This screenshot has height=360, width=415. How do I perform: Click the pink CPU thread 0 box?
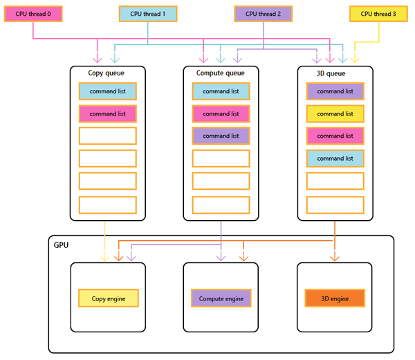coord(33,14)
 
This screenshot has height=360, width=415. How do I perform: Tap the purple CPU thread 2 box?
coord(263,14)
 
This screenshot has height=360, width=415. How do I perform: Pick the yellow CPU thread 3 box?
coord(378,14)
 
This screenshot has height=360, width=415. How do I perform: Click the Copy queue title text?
coord(107,73)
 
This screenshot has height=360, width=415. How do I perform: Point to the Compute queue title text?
coord(221,73)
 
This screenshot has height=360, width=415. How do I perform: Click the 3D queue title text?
coord(335,73)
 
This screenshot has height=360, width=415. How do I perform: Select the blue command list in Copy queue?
coord(107,91)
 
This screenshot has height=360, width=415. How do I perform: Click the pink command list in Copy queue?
coord(107,114)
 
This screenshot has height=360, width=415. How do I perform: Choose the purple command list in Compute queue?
coord(221,136)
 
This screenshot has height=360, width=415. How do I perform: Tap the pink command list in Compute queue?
coord(221,114)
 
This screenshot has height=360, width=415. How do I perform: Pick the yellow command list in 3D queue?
coord(335,114)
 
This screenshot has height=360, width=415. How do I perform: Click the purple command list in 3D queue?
coord(335,91)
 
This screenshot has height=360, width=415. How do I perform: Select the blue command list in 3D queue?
coord(335,159)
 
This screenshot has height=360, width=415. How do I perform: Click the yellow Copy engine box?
coord(107,298)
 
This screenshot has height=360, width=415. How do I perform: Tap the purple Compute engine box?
coord(221,298)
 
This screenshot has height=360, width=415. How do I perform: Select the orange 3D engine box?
coord(335,298)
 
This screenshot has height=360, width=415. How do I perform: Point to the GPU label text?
coord(62,245)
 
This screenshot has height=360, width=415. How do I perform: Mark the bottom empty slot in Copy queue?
coord(107,205)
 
